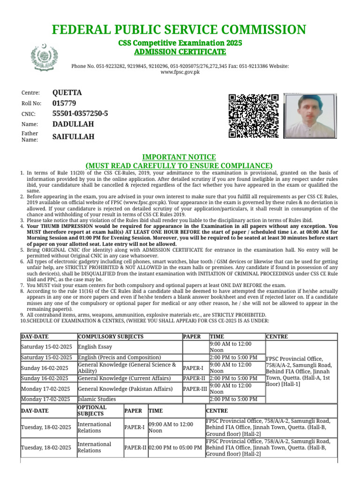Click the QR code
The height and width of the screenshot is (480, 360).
[254, 116]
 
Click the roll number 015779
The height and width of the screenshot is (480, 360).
[64, 103]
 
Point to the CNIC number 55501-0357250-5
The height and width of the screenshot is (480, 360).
[80, 113]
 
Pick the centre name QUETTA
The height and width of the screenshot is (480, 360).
[67, 93]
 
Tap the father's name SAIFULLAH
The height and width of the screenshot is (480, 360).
[74, 136]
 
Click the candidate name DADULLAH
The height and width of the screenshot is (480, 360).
[73, 124]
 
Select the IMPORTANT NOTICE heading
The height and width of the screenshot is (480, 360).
[179, 157]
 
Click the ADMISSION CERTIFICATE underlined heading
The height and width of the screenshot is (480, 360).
[180, 51]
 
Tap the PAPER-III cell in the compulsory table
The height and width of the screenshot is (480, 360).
[195, 389]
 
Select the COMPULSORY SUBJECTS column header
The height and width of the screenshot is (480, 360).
[111, 337]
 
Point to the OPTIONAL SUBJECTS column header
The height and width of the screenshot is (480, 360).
[92, 411]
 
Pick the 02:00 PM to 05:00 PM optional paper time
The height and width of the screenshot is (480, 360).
[175, 448]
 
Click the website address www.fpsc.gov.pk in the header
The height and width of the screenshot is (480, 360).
[180, 73]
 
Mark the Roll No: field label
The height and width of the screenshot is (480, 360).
[31, 104]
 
